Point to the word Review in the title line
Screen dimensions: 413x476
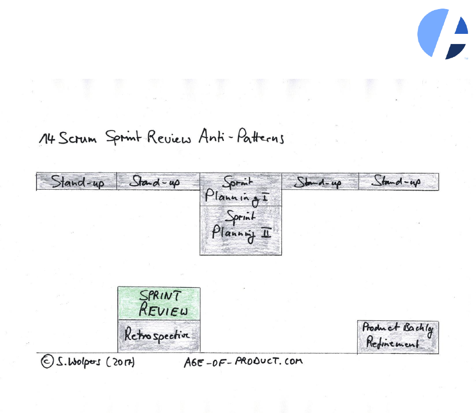coord(169,137)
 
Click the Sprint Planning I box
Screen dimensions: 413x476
coord(241,190)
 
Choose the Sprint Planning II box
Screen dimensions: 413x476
coord(241,230)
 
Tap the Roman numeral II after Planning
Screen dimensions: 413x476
coord(266,233)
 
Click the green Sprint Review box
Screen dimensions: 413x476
coord(159,303)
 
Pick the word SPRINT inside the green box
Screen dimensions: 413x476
coord(158,296)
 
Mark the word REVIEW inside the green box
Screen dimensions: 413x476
coord(163,310)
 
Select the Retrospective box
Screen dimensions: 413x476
coord(159,336)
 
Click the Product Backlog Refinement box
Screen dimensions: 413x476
coord(398,337)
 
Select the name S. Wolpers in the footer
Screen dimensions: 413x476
coord(78,362)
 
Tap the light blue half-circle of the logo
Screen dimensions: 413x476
coord(430,33)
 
